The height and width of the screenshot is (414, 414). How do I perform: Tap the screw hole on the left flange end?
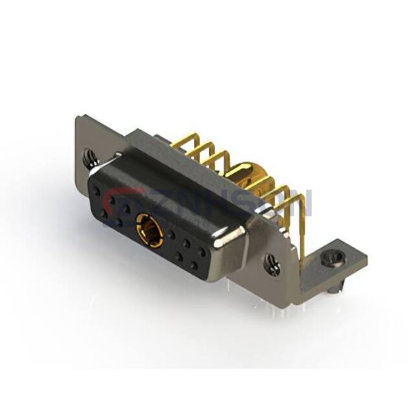point(88,158)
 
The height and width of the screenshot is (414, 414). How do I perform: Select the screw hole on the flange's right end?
point(273,264)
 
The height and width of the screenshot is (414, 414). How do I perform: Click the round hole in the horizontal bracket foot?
point(328,259)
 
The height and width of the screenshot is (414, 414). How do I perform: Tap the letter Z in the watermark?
point(161,203)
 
